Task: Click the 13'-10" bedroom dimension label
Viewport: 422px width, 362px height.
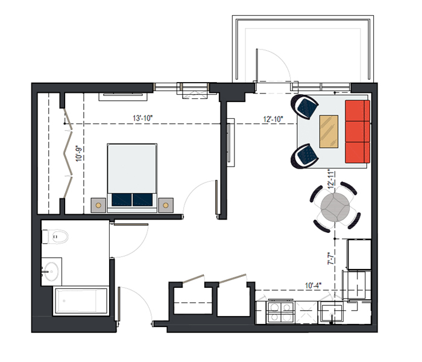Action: coord(143,118)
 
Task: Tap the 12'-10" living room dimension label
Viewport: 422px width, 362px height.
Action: coord(273,119)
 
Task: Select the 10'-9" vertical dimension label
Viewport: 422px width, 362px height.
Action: coord(78,153)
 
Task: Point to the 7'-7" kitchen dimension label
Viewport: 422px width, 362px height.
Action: coord(331,258)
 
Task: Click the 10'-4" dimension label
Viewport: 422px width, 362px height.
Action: coord(313,285)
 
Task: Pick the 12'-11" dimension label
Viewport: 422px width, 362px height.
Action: coord(331,179)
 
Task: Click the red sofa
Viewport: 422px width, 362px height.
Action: coord(357,132)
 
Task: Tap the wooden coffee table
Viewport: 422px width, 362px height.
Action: coord(329,132)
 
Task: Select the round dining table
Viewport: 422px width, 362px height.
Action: coord(335,207)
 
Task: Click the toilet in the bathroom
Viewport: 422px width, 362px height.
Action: coord(55,237)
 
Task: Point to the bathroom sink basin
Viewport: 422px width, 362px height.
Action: coord(51,271)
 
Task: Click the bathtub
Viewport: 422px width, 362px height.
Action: coord(81,301)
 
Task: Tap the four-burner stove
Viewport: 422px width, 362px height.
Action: coord(280,313)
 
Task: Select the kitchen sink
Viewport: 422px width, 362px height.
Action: coord(330,313)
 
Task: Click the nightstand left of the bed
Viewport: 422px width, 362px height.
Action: coord(98,205)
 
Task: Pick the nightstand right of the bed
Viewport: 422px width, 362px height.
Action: coord(166,205)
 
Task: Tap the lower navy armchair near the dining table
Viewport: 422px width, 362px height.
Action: coord(304,156)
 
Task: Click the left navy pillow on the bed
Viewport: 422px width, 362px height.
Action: coord(122,200)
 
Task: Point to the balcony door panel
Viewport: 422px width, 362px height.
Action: coord(257,65)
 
